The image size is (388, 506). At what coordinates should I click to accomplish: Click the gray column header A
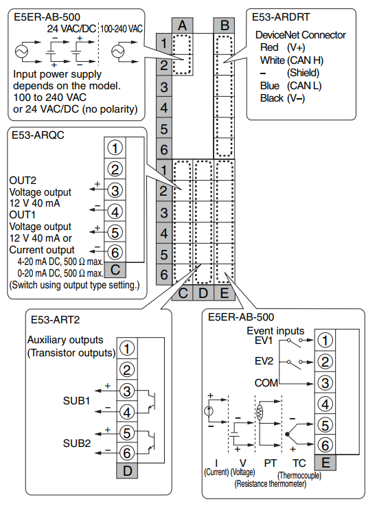pyautogui.click(x=182, y=25)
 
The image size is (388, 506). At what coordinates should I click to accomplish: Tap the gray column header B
pyautogui.click(x=225, y=25)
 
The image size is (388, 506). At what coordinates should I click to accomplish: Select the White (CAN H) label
pyautogui.click(x=292, y=60)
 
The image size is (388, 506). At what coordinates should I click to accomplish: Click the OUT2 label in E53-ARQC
pyautogui.click(x=23, y=180)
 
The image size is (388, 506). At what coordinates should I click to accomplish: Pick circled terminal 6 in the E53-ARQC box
pyautogui.click(x=115, y=251)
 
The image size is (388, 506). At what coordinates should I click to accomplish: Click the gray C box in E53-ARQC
pyautogui.click(x=115, y=269)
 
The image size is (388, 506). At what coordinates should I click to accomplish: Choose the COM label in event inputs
pyautogui.click(x=266, y=382)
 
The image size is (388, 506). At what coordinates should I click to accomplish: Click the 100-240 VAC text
pyautogui.click(x=121, y=29)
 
